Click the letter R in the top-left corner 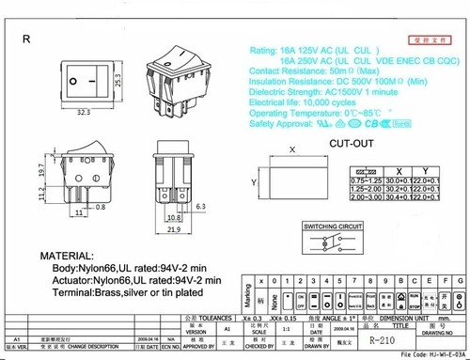coord(26,39)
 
